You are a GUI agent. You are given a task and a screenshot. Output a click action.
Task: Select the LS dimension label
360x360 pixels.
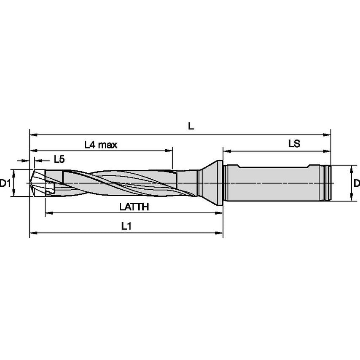(294, 144)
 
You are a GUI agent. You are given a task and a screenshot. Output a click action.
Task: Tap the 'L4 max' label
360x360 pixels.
(100, 145)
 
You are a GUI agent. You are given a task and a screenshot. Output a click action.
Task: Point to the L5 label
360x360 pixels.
(59, 159)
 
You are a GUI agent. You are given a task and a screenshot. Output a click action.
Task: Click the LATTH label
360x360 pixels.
(134, 207)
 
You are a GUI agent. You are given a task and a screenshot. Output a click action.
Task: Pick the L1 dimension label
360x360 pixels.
(126, 226)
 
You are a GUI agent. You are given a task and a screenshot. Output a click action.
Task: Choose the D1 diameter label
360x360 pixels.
(5, 183)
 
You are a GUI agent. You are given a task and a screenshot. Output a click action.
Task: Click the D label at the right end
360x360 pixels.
(356, 183)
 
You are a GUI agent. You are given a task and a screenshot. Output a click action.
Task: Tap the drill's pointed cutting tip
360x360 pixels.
(32, 183)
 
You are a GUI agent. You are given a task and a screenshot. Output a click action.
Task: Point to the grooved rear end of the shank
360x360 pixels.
(327, 183)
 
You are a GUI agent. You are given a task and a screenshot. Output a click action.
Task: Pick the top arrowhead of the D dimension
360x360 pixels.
(351, 167)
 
